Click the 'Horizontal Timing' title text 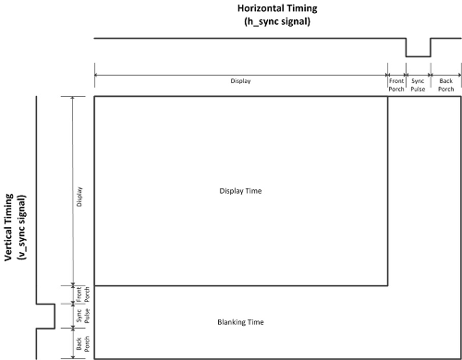point(277,8)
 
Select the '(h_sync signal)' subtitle point(277,21)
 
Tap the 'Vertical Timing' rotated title point(8,227)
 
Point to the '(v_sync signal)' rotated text point(22,227)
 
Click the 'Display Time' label point(240,191)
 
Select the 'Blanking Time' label point(240,322)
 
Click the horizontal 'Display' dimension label point(240,81)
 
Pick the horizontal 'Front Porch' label point(396,85)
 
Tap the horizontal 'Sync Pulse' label point(418,85)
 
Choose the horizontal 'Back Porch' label point(446,85)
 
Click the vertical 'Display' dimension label point(79,197)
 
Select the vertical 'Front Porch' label point(83,294)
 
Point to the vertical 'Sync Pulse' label point(83,316)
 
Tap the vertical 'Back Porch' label point(83,343)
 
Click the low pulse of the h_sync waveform point(419,56)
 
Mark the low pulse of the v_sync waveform point(55,317)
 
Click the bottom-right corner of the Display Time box point(388,286)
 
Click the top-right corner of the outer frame point(461,97)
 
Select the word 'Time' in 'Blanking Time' point(256,322)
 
